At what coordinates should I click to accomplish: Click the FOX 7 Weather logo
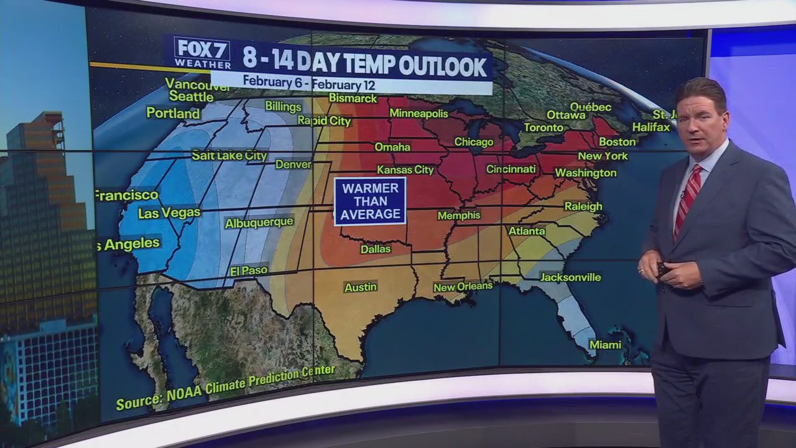202,53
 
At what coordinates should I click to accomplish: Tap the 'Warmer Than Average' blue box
370,201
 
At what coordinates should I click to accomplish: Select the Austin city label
361,287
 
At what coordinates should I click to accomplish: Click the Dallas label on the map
376,249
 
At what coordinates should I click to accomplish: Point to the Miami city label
605,344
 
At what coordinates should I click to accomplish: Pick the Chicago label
473,142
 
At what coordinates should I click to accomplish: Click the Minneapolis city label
419,113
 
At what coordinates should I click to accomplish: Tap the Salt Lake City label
229,156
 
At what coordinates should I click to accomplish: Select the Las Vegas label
169,213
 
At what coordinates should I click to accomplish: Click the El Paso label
249,271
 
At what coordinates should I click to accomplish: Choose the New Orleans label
463,287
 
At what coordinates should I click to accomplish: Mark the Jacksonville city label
570,277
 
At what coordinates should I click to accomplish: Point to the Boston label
617,141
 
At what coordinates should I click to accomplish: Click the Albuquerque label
259,223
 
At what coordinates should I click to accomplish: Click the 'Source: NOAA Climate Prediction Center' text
225,388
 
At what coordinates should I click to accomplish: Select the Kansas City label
405,170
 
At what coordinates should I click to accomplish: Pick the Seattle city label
191,96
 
